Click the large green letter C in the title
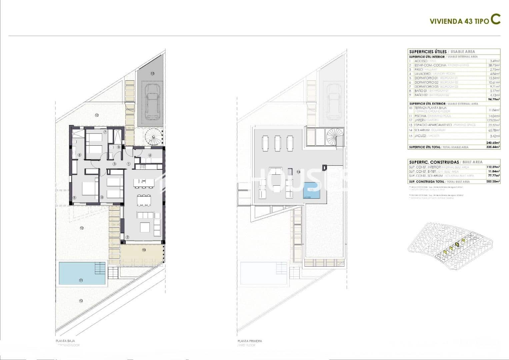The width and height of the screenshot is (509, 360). coord(495,20)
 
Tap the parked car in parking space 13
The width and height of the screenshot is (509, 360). coord(152,101)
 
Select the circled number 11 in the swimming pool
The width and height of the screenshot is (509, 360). coord(81,280)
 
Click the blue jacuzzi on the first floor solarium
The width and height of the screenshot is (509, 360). coord(312,191)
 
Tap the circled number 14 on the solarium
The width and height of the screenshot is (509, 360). coord(298,172)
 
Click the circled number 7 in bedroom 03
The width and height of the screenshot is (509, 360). coord(105,132)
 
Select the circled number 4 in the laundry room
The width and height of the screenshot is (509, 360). coord(150,155)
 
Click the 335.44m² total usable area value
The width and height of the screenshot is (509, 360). coord(493,147)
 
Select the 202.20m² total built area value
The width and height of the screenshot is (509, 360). coord(493,182)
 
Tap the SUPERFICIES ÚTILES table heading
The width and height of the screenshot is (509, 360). coord(428,52)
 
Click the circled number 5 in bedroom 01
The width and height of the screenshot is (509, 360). coord(75,198)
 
